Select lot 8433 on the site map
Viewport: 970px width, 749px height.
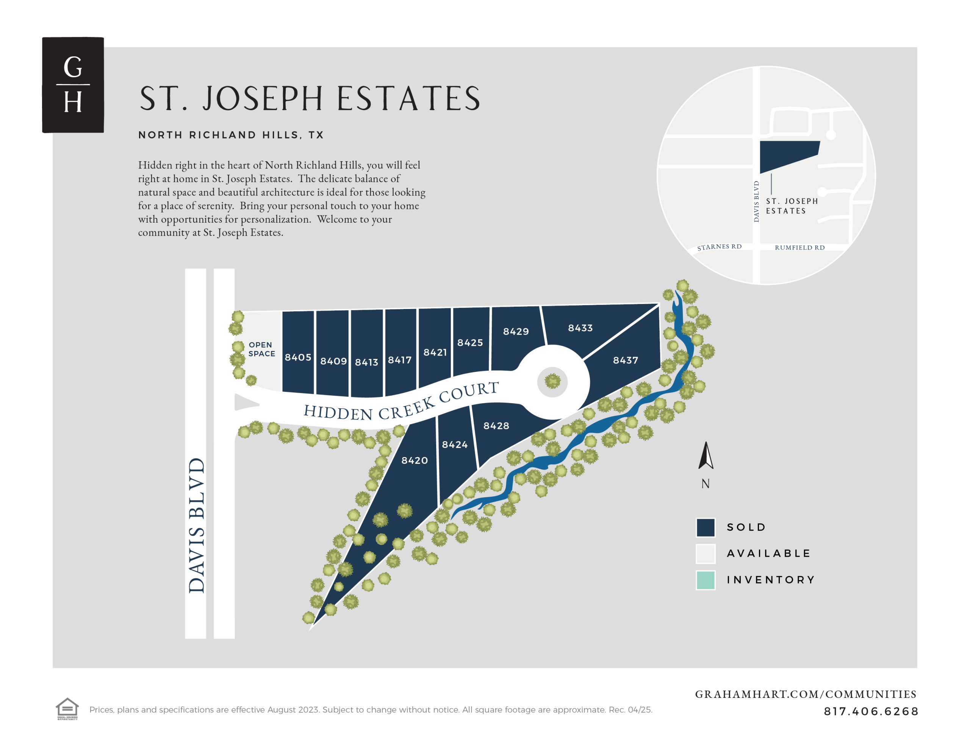[580, 328]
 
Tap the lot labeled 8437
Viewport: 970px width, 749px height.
[625, 360]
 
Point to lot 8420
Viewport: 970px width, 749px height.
[415, 460]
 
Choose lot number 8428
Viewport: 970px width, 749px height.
[496, 426]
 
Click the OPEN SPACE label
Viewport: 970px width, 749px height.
[261, 349]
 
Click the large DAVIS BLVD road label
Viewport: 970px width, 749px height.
[196, 525]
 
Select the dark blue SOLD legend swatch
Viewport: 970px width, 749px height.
[705, 527]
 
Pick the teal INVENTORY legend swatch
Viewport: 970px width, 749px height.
[705, 580]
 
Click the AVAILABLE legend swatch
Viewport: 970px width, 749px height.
[705, 554]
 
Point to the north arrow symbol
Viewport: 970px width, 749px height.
[705, 456]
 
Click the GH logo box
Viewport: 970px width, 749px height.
[73, 85]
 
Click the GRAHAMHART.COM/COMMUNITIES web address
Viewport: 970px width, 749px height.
[805, 694]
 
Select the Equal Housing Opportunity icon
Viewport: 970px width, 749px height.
[67, 708]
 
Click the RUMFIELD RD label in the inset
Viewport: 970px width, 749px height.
[799, 247]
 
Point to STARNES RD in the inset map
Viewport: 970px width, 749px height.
[719, 247]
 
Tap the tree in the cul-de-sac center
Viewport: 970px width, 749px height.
[552, 381]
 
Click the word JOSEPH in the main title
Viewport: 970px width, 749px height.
[263, 98]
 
